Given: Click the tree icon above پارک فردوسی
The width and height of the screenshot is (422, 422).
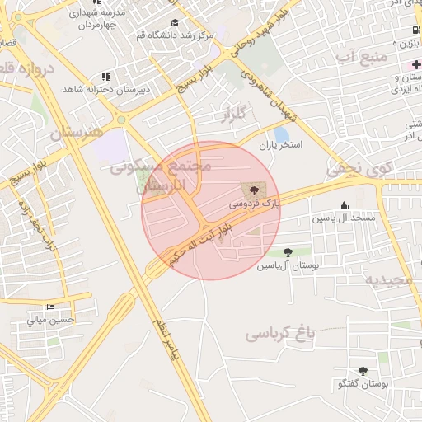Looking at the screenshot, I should [251, 189].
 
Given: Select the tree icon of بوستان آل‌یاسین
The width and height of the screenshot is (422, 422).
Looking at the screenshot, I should [287, 252].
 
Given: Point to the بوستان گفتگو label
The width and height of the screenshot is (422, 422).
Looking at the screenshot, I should [363, 384].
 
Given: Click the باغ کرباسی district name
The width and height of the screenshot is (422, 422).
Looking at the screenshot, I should [281, 334].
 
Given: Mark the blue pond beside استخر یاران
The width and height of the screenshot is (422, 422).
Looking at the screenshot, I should [282, 134].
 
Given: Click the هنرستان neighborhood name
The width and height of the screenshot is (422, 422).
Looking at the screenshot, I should [78, 132].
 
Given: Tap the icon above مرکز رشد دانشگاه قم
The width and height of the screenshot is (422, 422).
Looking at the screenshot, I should [174, 23].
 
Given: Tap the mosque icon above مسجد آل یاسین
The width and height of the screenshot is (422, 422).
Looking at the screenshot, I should [343, 206].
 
